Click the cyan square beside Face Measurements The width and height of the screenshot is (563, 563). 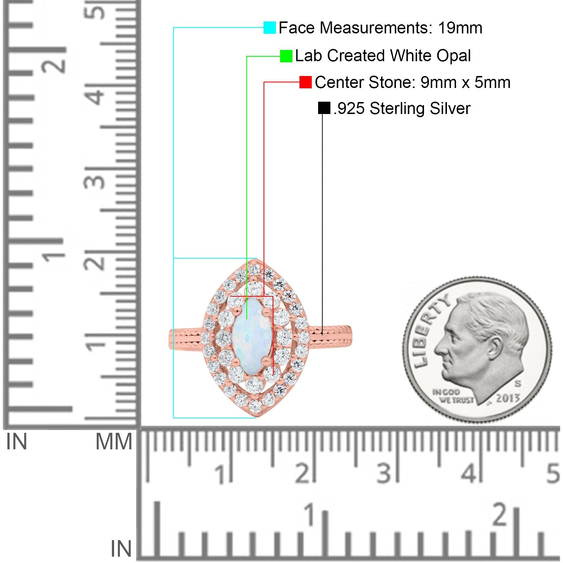click(x=270, y=27)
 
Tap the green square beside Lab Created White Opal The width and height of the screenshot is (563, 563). click(x=286, y=56)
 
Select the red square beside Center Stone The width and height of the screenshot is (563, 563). click(x=305, y=82)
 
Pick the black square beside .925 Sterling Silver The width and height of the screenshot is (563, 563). click(x=324, y=108)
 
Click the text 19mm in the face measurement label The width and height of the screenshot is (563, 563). click(x=460, y=28)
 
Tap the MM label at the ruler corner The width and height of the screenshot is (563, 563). click(x=114, y=442)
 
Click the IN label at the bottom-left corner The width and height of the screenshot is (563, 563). click(x=121, y=549)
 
